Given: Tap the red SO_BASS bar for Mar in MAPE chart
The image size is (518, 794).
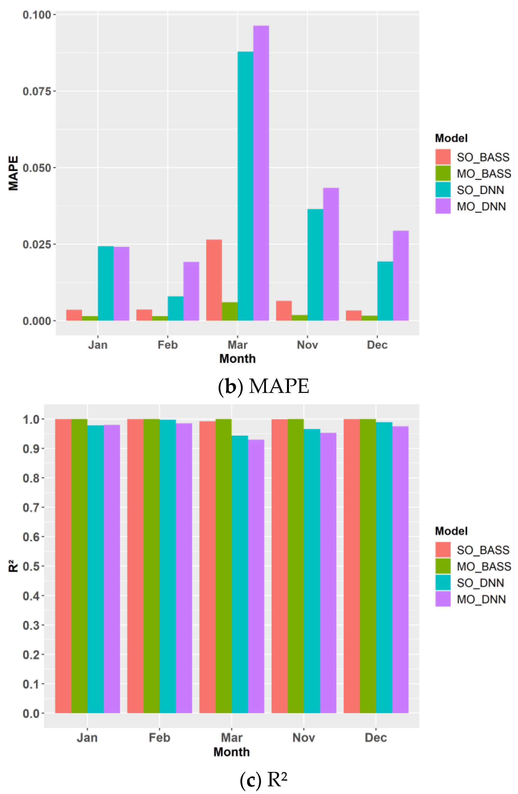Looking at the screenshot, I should pyautogui.click(x=214, y=280).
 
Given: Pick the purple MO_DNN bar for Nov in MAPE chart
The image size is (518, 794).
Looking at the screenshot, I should pyautogui.click(x=331, y=254).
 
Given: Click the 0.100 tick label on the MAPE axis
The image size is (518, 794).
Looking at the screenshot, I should pyautogui.click(x=37, y=15).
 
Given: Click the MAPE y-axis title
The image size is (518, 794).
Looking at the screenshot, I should pyautogui.click(x=13, y=173).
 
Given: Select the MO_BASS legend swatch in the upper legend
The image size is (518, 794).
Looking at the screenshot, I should pyautogui.click(x=443, y=173).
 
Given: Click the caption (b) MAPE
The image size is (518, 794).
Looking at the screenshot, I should pyautogui.click(x=263, y=386).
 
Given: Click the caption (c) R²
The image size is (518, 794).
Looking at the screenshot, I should pyautogui.click(x=263, y=780).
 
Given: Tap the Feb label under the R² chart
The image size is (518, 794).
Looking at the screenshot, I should pyautogui.click(x=159, y=737).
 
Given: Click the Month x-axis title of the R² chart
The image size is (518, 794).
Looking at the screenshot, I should pyautogui.click(x=232, y=752).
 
